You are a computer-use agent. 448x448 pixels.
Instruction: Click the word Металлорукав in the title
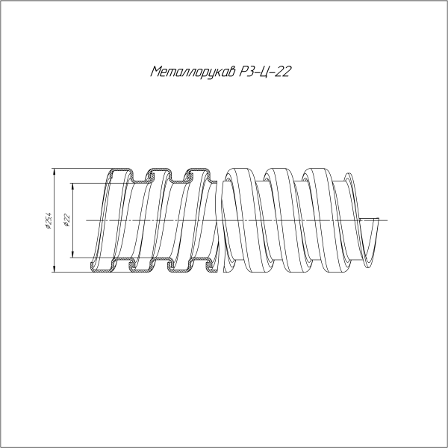(x=193, y=72)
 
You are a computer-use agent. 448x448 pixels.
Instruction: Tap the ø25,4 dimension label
(x=49, y=220)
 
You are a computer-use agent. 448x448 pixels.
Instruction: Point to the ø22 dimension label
(x=66, y=220)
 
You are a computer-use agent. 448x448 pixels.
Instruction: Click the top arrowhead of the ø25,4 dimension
(x=55, y=172)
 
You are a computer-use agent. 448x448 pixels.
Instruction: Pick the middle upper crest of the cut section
(x=157, y=173)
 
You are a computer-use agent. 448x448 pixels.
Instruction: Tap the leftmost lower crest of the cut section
(x=105, y=267)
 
